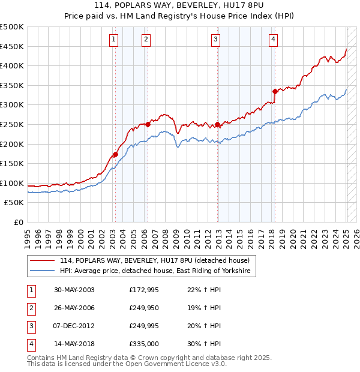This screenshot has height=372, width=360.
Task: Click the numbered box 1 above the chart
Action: [x=114, y=40]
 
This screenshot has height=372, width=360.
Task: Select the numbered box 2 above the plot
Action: [x=146, y=40]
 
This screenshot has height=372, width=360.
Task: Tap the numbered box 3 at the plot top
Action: [x=215, y=40]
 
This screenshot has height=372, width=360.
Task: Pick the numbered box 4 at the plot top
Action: [x=273, y=40]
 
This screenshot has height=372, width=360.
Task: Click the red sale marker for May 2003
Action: [x=115, y=154]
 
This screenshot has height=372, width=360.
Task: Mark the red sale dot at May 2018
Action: [x=275, y=91]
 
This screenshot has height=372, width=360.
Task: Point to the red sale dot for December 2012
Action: [x=217, y=124]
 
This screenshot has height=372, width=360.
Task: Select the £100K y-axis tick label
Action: [x=13, y=183]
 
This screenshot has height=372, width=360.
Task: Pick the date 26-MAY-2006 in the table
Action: [x=74, y=308]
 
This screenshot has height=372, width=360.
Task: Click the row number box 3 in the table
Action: [x=31, y=326]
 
